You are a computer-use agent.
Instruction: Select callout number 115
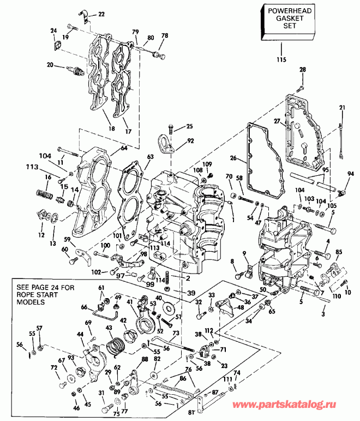click(x=281, y=59)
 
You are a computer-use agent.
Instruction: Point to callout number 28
click(x=303, y=69)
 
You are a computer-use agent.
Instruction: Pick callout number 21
click(x=341, y=108)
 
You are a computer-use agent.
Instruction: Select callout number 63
click(x=150, y=157)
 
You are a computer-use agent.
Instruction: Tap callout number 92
click(x=190, y=140)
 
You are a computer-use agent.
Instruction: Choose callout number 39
click(x=190, y=293)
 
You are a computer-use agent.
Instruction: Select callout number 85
click(x=339, y=251)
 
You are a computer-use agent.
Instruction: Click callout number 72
click(x=54, y=369)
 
